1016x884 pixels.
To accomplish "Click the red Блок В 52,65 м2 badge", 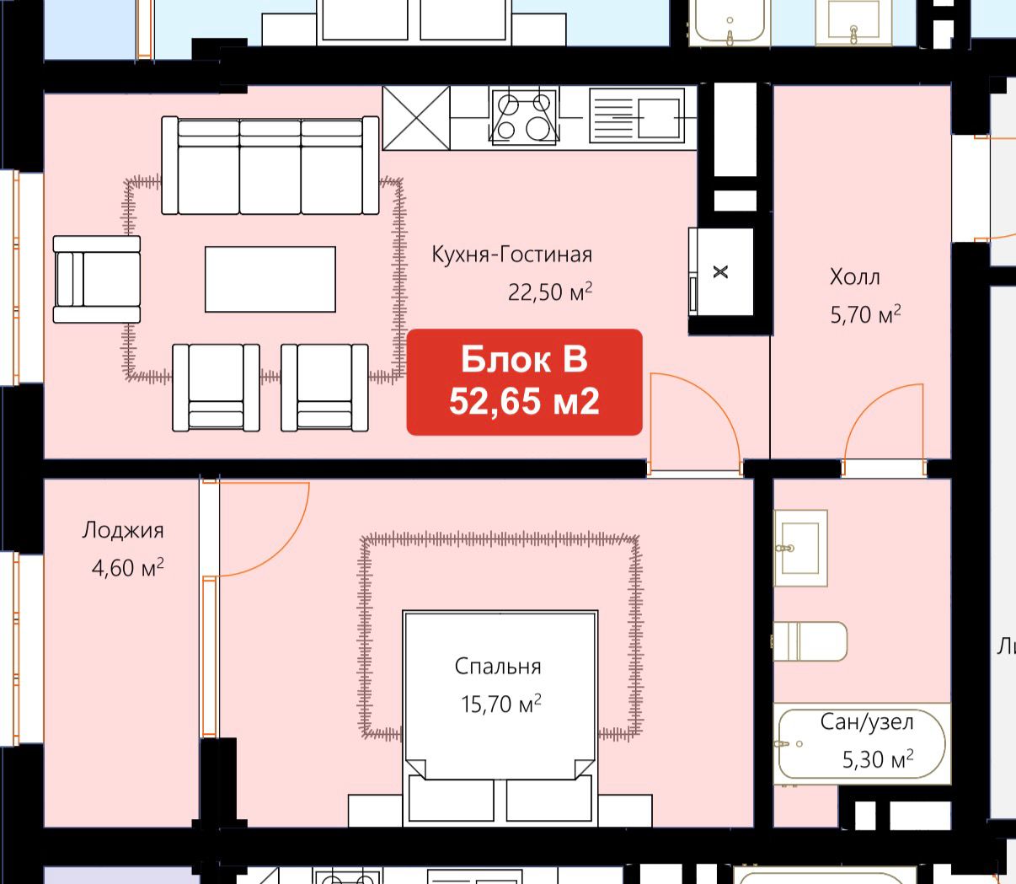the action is [524, 382].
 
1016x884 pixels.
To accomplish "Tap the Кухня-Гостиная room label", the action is [512, 254].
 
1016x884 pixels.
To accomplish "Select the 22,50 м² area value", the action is [550, 292].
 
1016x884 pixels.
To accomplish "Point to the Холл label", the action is [854, 276].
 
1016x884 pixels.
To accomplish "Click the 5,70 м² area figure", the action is [865, 314].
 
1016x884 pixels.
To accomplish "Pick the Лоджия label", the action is [123, 531].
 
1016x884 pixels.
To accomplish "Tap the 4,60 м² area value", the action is [127, 568].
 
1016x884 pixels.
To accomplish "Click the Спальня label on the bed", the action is [498, 667].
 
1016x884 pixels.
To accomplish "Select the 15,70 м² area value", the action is [501, 704].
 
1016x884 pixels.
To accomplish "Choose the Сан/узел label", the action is [867, 722].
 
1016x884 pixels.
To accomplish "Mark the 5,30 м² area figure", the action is [878, 759].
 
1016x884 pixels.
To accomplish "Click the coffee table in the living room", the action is [270, 279].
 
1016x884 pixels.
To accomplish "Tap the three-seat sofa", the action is [270, 165].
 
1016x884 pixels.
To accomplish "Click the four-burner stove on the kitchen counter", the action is [523, 117].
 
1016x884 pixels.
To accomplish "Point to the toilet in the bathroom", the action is [810, 641].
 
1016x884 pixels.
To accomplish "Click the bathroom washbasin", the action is [800, 548].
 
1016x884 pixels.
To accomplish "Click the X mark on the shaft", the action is [720, 271].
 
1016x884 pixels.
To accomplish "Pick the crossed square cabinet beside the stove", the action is [416, 118].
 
